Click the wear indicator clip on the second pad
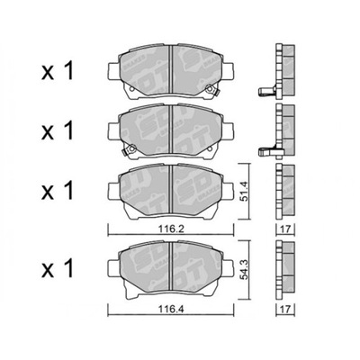click(x=130, y=148)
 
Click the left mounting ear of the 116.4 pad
click(x=114, y=267)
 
